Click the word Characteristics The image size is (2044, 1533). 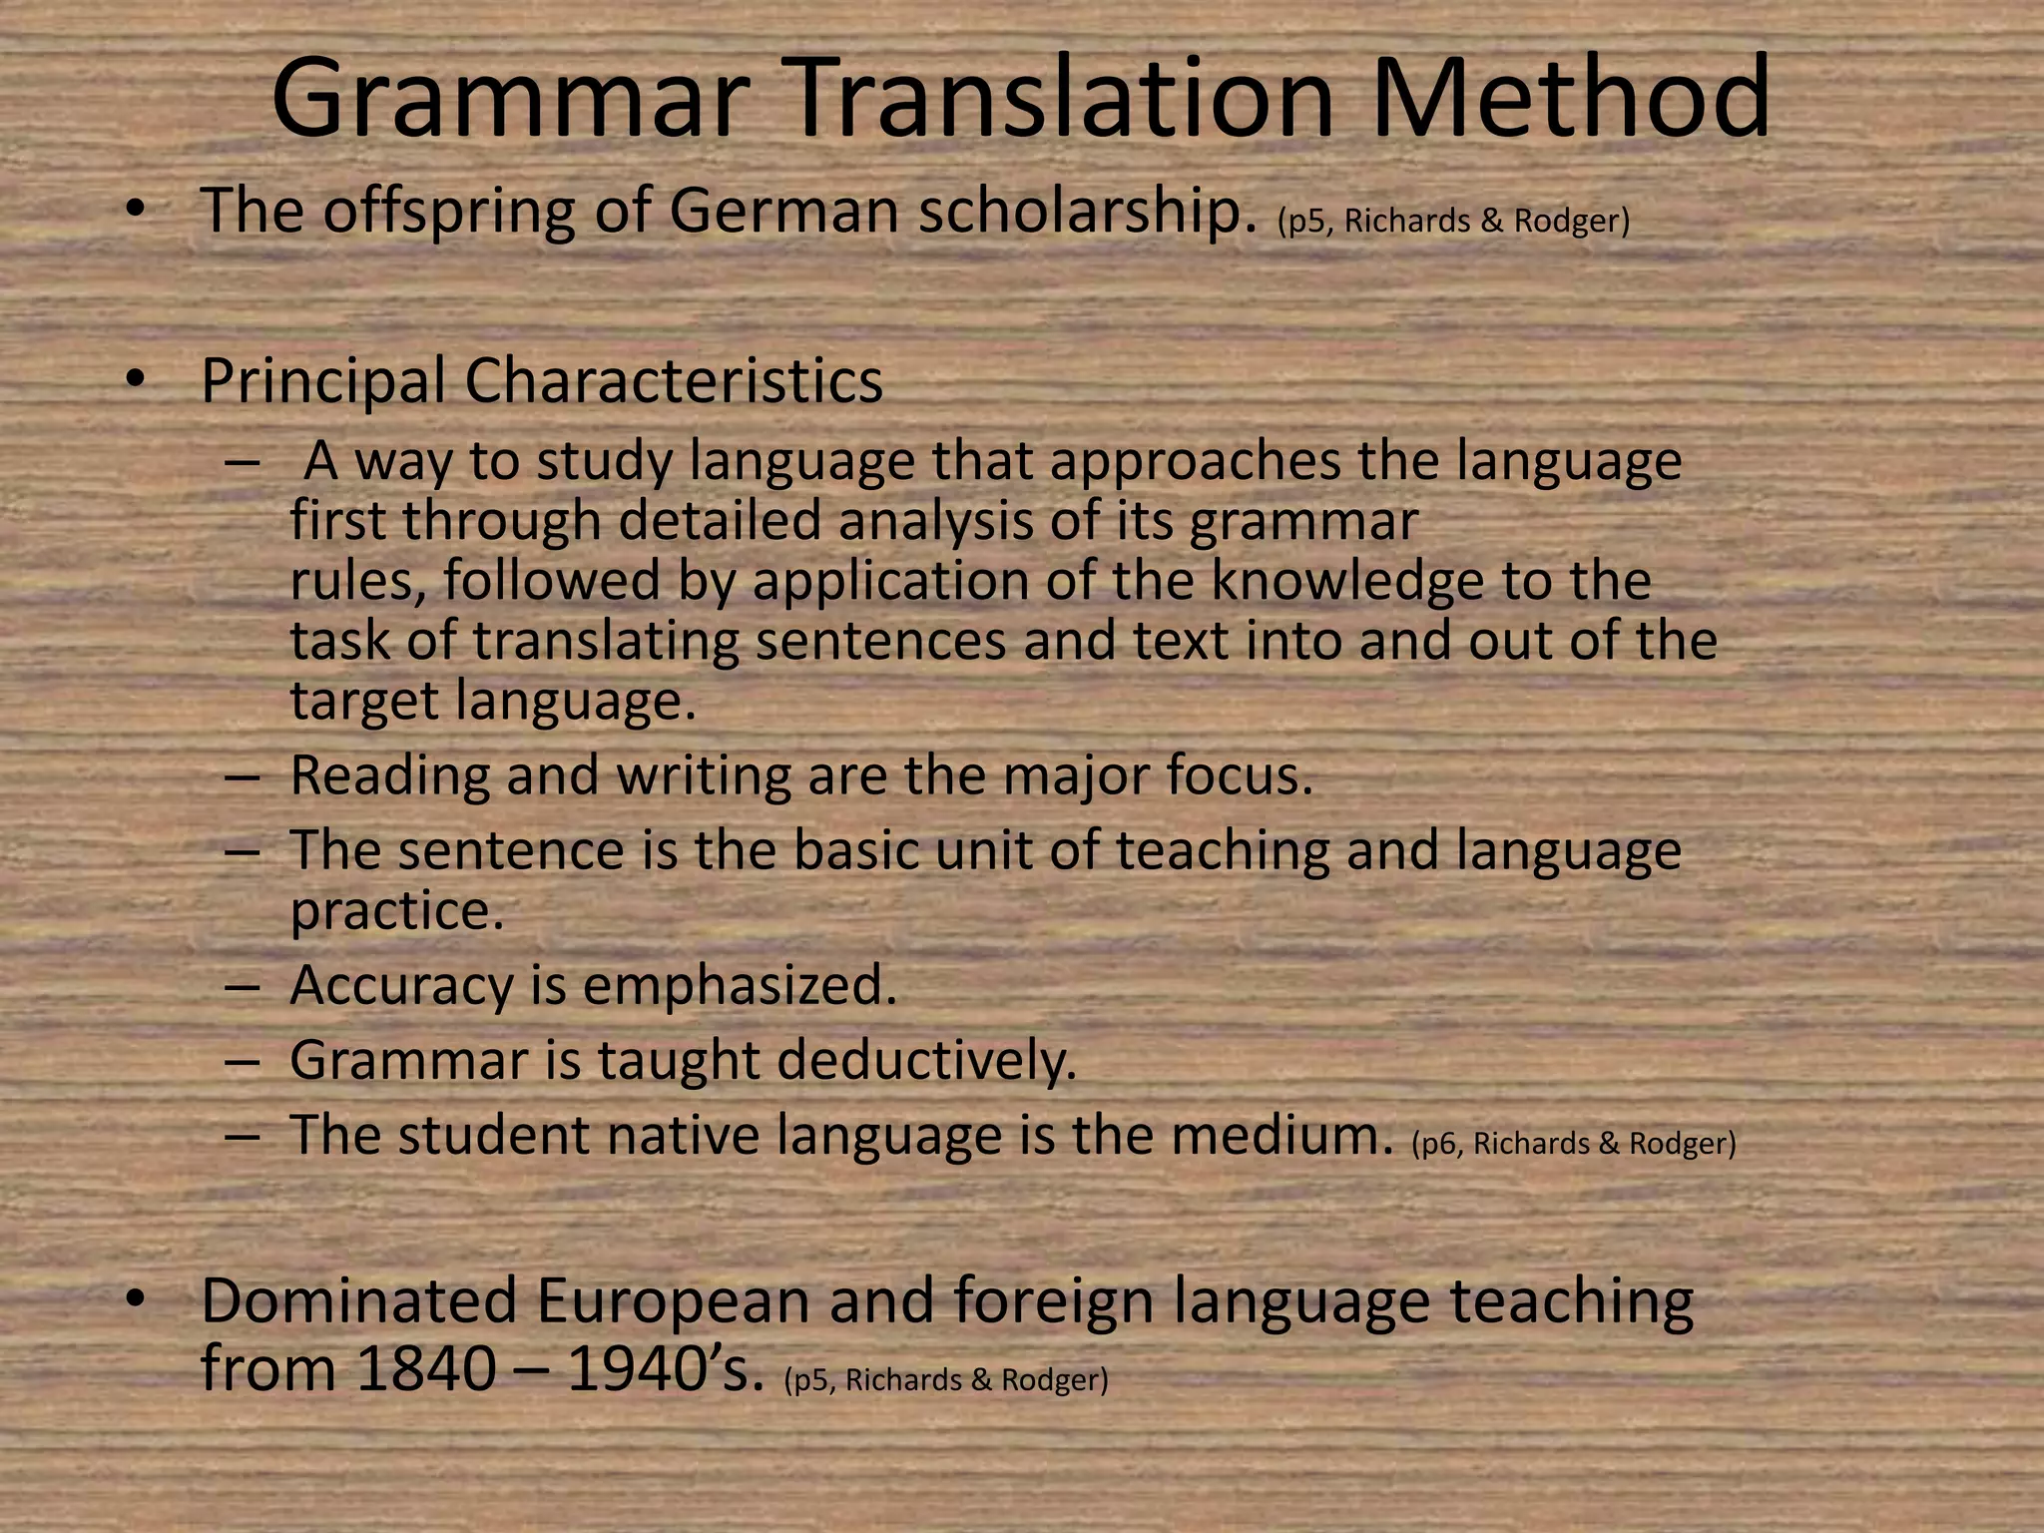674,381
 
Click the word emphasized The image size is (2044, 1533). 740,986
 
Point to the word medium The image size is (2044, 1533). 1281,1136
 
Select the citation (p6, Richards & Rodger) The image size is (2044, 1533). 1574,1144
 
